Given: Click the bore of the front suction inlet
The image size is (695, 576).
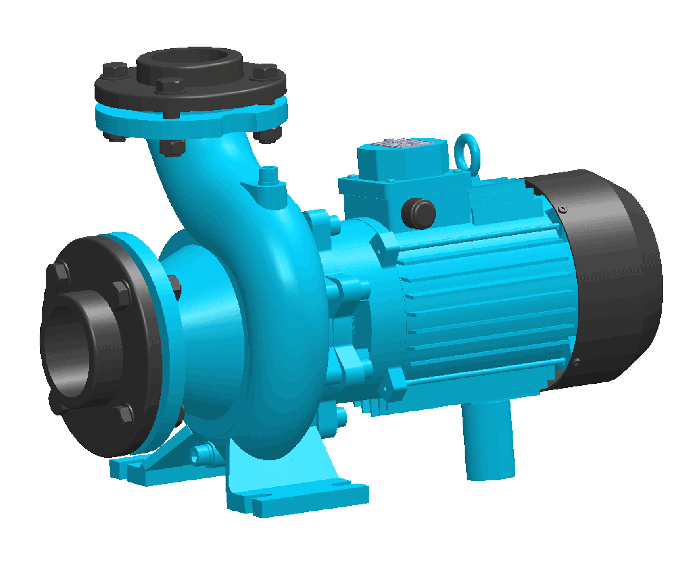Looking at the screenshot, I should [65, 349].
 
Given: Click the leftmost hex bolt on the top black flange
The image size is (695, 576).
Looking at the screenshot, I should [114, 71].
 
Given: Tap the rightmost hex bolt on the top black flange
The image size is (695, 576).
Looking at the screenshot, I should [265, 73].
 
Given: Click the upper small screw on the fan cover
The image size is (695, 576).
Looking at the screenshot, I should [562, 209].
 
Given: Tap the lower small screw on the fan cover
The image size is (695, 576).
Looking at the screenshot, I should [576, 362].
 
